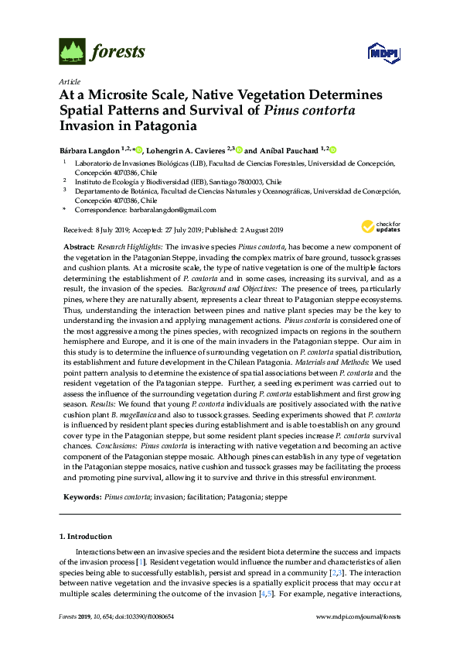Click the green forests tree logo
pos(72,52)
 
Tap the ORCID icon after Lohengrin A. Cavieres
pos(240,149)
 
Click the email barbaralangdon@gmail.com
pos(172,210)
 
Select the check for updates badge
pos(379,226)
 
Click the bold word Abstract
pos(77,245)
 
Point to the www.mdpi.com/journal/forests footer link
pos(359,616)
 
